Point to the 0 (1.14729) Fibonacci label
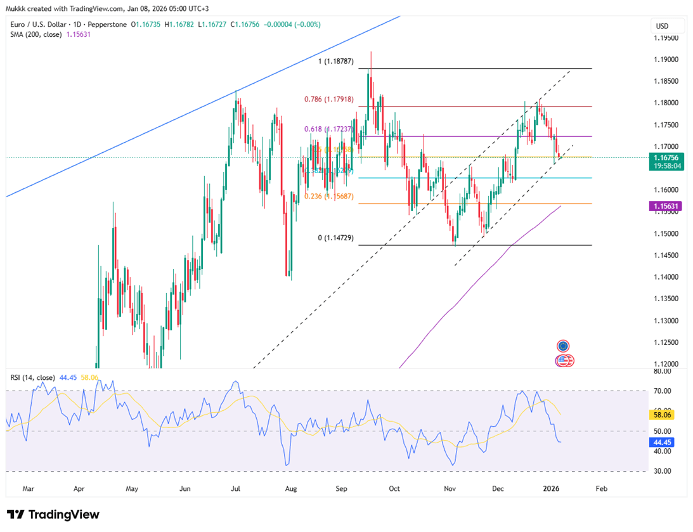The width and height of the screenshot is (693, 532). click(336, 238)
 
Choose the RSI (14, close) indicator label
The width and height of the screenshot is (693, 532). click(33, 377)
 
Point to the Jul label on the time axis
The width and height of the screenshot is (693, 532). click(235, 489)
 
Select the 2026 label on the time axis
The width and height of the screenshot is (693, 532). click(552, 489)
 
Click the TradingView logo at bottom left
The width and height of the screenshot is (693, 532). click(53, 514)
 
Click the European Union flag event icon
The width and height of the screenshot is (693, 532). click(563, 346)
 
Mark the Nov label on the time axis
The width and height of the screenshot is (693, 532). click(450, 489)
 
